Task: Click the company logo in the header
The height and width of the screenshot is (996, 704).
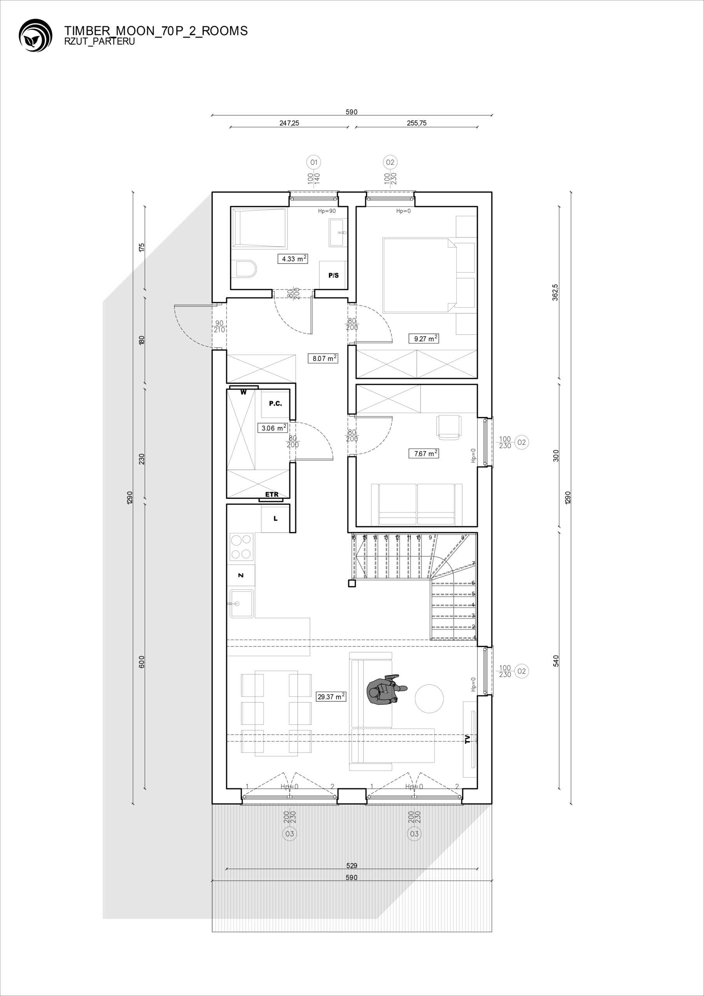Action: click(35, 35)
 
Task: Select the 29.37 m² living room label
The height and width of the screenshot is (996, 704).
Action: click(331, 697)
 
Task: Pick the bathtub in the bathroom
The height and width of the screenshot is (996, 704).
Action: click(259, 228)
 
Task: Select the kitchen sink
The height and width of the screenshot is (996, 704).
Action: click(242, 603)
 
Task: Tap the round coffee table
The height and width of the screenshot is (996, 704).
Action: click(429, 698)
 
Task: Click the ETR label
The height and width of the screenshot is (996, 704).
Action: click(272, 494)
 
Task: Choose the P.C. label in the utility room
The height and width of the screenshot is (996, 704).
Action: click(275, 403)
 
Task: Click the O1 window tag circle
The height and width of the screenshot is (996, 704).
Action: click(313, 162)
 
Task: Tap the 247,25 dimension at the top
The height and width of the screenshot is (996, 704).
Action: click(289, 123)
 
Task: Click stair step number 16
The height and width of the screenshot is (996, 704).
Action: click(354, 537)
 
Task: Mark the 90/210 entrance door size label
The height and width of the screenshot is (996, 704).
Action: click(219, 326)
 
